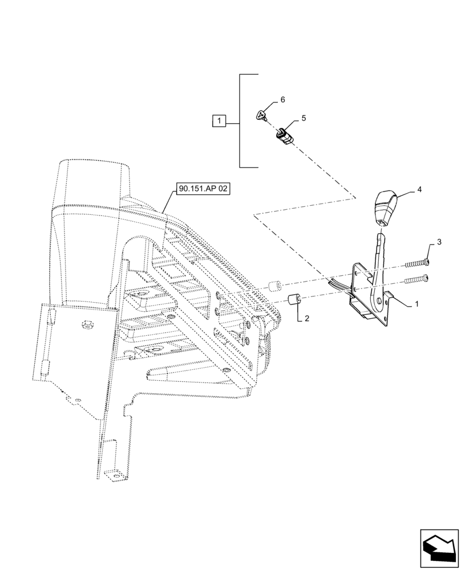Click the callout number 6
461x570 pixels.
282,100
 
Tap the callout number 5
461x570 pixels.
304,119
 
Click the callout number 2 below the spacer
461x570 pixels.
306,318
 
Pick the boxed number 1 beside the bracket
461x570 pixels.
220,120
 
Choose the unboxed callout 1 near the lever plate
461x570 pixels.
416,304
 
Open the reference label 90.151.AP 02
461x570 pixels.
202,189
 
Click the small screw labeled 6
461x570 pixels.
261,116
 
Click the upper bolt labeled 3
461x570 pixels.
416,263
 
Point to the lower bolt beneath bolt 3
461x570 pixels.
416,279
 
